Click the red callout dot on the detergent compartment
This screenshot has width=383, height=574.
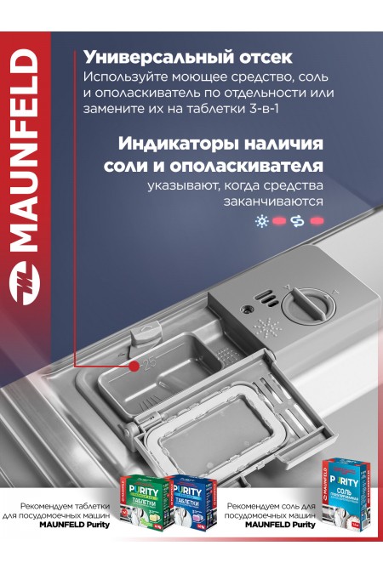tap(134, 367)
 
